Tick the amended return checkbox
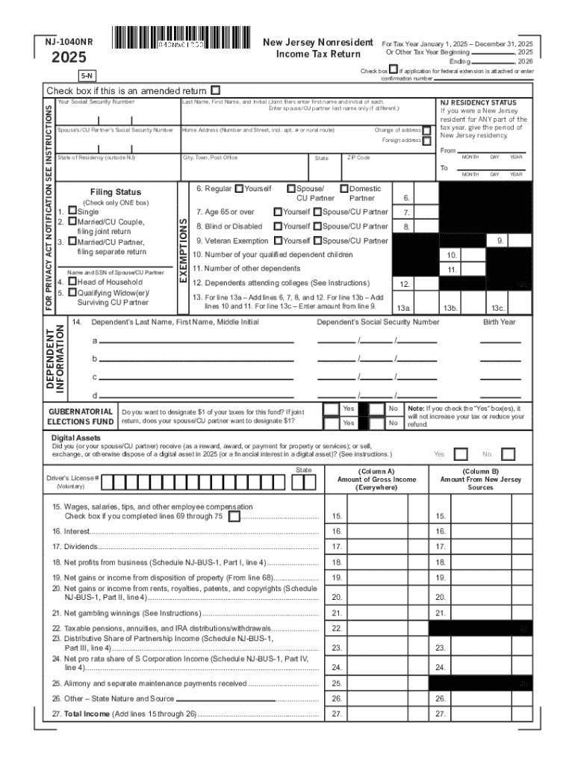pos(216,90)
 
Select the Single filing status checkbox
pos(72,211)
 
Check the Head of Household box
pos(72,282)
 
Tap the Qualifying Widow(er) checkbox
pos(72,292)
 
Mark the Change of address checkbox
pos(426,130)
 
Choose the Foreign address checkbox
pos(426,140)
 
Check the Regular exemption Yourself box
pos(238,188)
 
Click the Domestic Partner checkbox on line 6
pos(344,188)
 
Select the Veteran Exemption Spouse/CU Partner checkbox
pos(317,241)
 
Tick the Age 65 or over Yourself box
pos(278,211)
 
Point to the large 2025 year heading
pos(69,58)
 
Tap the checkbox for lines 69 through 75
pos(234,516)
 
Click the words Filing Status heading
pos(115,192)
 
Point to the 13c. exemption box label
pos(498,308)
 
